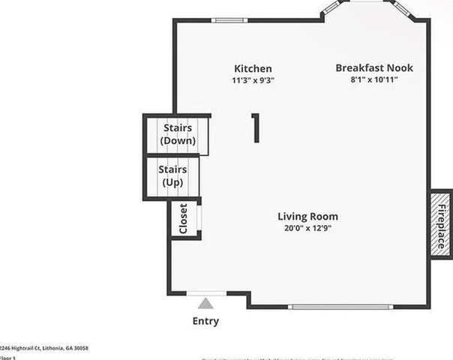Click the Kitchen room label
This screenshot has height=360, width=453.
coord(253,68)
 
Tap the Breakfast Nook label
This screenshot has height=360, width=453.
coord(373,68)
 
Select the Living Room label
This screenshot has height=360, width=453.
coord(307,216)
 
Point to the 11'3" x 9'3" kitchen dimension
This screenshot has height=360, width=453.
coord(253,79)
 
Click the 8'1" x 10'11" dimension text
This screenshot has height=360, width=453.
coord(373,79)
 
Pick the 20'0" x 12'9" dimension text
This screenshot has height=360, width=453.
coord(307,228)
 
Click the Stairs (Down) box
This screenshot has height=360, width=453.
coord(178,134)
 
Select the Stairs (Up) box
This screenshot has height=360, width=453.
coord(173,175)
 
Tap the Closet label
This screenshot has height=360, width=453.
coord(184,219)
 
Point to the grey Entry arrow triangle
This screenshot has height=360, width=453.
coord(205,303)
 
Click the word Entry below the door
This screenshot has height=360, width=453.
coord(205,322)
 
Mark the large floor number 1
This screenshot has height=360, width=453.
coord(255,127)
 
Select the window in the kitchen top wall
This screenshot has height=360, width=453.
coord(224,20)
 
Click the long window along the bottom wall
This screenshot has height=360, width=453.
coord(340,306)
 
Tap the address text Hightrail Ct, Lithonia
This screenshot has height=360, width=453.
coord(45,348)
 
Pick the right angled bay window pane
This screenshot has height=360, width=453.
coord(402,9)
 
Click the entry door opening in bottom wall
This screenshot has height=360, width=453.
coord(205,293)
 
